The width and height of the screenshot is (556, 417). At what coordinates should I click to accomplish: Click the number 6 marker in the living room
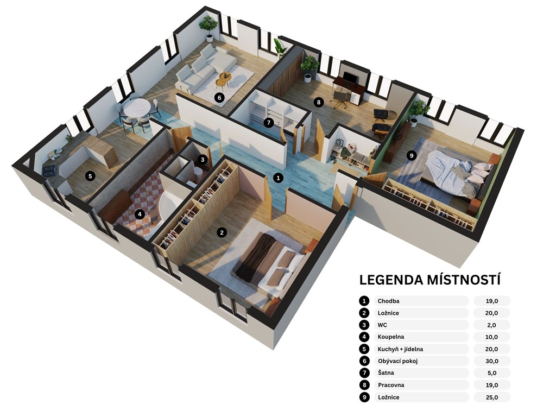pos(219,97)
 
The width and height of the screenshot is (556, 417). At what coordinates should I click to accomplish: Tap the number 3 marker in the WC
pos(203,160)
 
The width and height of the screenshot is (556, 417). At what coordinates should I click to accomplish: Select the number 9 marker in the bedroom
pos(412,155)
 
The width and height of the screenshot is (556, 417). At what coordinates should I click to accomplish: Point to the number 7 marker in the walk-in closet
pos(268,123)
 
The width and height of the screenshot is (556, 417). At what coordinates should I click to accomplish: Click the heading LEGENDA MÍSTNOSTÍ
pos(430,280)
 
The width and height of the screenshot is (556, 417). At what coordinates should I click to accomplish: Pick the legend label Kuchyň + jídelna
pos(400,349)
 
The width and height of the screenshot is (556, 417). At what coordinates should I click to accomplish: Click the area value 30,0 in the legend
pos(492,361)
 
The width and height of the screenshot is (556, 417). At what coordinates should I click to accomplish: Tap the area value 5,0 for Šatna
pos(492,373)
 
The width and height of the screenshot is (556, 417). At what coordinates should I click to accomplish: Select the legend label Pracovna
pos(391,385)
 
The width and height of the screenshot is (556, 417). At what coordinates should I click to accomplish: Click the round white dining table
pos(136,107)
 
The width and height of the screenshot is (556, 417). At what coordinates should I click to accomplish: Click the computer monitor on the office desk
pos(350,77)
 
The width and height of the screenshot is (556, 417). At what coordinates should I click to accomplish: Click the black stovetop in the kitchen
pos(49,170)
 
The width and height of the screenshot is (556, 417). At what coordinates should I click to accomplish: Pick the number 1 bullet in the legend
pos(364,301)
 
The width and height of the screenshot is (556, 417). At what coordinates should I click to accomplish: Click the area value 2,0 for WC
pos(492,325)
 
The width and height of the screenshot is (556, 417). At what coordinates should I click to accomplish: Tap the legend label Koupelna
pos(391,337)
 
